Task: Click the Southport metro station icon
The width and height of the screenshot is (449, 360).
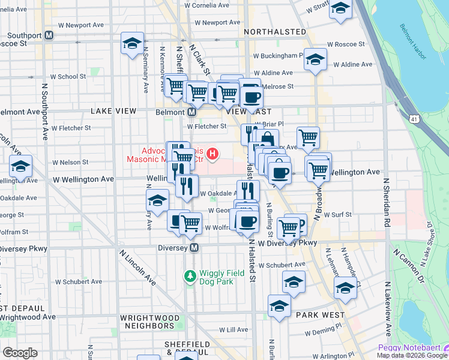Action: coord(49,35)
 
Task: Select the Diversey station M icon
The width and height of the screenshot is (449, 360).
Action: coord(194,247)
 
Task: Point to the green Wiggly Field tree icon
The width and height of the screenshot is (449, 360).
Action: coord(190,275)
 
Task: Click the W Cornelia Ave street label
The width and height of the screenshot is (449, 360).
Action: coord(207,5)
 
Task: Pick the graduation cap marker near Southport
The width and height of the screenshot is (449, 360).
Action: coord(132,44)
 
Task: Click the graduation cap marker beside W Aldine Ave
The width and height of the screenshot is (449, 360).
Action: coord(315,59)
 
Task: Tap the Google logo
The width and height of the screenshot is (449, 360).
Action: coord(20,353)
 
